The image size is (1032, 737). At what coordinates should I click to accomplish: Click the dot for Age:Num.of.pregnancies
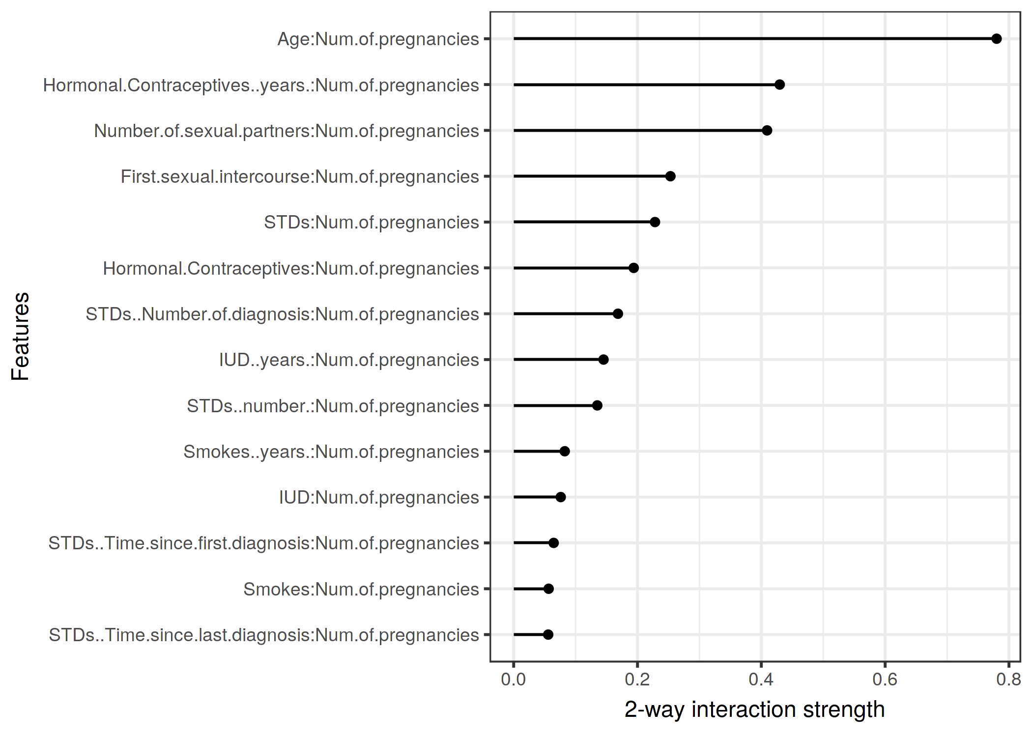(996, 39)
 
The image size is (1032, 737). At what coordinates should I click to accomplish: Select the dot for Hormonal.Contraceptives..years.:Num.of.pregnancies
(779, 85)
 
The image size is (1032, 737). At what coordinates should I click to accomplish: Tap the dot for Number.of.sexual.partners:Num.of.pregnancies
(767, 130)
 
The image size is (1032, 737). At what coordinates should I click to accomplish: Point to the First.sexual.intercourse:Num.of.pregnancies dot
(670, 176)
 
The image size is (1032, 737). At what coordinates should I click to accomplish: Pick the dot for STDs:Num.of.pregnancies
(655, 222)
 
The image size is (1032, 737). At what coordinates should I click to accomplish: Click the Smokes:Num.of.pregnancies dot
(548, 589)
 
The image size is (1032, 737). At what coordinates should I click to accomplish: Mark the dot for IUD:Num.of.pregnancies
(560, 497)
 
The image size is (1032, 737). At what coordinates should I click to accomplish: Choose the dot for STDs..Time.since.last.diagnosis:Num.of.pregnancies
(548, 634)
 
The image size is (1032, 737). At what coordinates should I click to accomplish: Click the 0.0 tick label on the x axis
(514, 680)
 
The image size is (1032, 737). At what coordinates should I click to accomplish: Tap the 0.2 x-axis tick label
(637, 680)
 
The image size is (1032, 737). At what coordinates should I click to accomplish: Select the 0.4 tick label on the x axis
(761, 680)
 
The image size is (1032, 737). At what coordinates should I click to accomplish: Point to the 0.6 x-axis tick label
(885, 680)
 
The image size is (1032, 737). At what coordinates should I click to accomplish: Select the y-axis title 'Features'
(21, 337)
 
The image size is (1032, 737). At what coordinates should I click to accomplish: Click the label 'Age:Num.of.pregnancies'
(378, 39)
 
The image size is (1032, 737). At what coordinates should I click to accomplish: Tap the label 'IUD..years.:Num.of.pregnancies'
(349, 360)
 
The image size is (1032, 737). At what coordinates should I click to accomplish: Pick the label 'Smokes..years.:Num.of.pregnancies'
(331, 452)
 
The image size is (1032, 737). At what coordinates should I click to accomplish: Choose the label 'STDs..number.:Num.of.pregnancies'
(333, 406)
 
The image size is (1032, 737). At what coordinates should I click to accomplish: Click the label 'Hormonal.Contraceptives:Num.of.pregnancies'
(291, 269)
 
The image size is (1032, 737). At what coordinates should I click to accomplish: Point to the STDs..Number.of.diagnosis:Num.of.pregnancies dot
(618, 313)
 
